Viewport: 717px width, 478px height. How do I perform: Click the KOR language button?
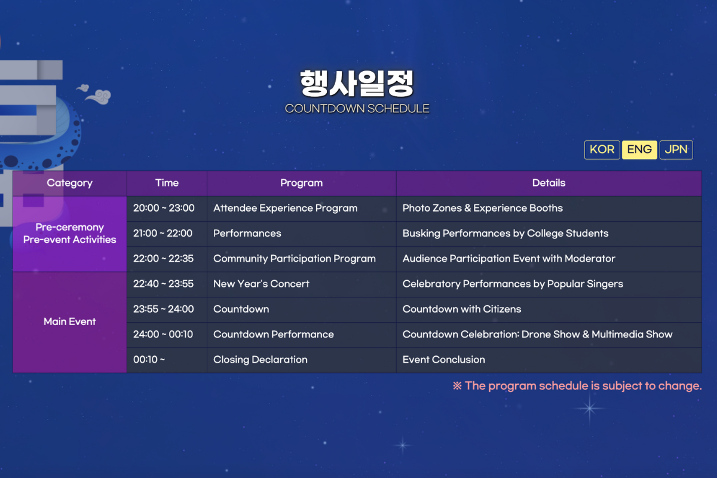[602, 149]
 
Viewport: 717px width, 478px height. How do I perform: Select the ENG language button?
[639, 149]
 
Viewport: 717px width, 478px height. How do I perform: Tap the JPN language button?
[676, 149]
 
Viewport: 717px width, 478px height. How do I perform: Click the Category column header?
[70, 183]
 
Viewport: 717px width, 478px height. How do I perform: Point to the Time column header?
[167, 183]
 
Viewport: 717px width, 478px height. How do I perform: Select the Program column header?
[302, 183]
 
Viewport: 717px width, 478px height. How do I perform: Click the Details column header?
[549, 183]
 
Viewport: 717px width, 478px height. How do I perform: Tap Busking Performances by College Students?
[505, 234]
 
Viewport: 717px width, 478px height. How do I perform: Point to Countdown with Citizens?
[462, 310]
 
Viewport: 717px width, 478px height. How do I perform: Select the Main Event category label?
[70, 322]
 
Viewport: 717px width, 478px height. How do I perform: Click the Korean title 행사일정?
[357, 84]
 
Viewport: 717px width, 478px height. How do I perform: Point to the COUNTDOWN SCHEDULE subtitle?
[357, 109]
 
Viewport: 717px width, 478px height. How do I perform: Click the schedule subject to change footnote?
[577, 386]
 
